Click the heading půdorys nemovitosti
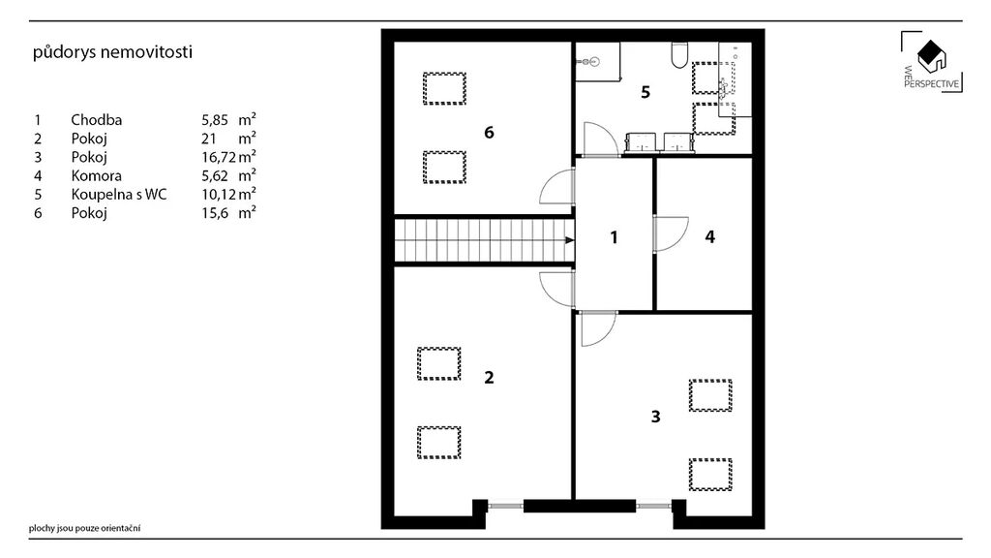click(x=112, y=52)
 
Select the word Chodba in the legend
click(x=96, y=119)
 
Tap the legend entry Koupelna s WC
click(x=119, y=194)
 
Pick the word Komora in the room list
click(x=96, y=175)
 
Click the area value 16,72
click(x=218, y=158)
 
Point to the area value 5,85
click(x=215, y=120)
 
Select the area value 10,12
click(x=218, y=194)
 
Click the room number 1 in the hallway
click(x=614, y=237)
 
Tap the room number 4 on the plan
click(x=709, y=236)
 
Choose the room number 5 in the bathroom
click(x=646, y=92)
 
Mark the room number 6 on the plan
click(x=489, y=132)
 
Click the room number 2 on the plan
click(x=489, y=377)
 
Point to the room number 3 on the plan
click(x=655, y=417)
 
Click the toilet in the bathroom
click(x=679, y=55)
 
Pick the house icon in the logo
click(x=932, y=56)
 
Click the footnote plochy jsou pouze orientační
click(x=85, y=528)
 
